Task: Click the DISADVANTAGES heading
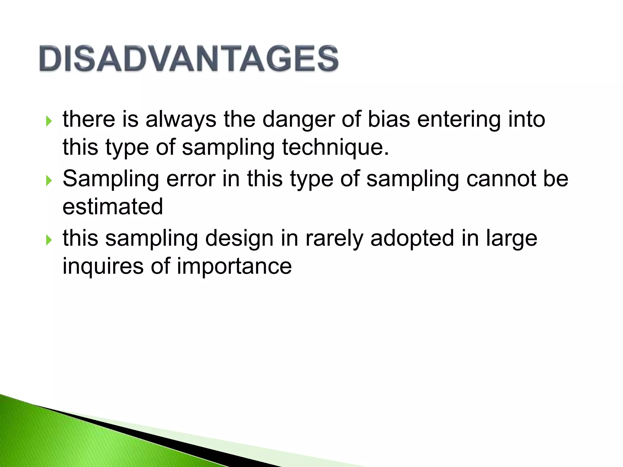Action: [189, 58]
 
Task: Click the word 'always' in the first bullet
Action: [181, 119]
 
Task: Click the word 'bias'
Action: [389, 119]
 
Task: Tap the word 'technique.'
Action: [336, 147]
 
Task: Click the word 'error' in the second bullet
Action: [191, 179]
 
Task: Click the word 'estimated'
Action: [113, 207]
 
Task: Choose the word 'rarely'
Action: [334, 238]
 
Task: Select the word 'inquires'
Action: [103, 266]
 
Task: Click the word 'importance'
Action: [234, 266]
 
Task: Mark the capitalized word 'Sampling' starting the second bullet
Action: [111, 179]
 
